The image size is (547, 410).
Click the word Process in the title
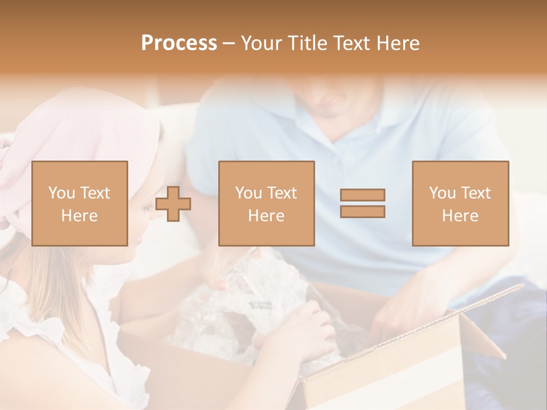tap(179, 43)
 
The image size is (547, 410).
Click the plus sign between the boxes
tap(173, 203)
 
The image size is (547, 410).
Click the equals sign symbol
tap(362, 203)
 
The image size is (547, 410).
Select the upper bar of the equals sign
tap(362, 195)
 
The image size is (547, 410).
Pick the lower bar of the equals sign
tap(362, 212)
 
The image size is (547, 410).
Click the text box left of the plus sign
tap(79, 203)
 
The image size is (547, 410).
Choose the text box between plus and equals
tap(266, 203)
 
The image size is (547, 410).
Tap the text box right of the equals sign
tap(460, 203)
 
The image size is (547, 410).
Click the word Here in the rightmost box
tap(460, 216)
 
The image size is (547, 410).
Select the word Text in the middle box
tap(282, 193)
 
